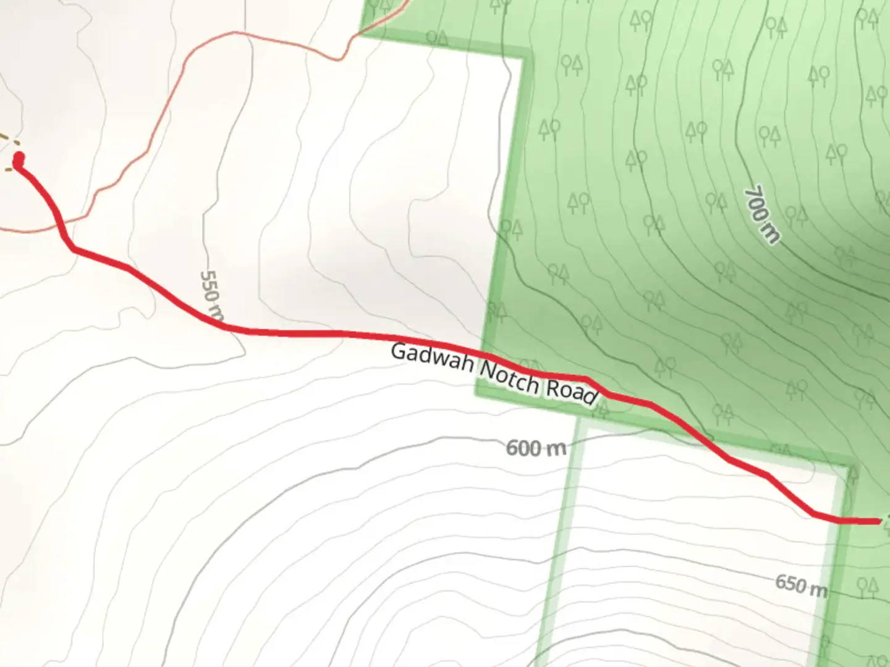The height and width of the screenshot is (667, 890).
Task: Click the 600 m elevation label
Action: [x=536, y=448]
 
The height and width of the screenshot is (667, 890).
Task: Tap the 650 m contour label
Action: [x=801, y=584]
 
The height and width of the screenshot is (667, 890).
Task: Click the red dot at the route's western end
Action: [x=19, y=158]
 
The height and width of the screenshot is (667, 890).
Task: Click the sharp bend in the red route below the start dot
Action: [x=73, y=248]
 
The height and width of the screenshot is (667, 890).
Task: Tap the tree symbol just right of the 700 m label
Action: [x=796, y=216]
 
